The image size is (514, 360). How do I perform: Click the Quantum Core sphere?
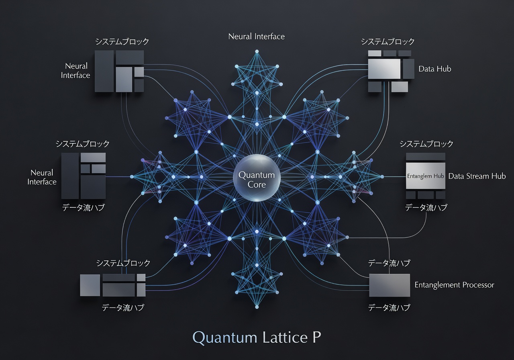pyautogui.click(x=257, y=178)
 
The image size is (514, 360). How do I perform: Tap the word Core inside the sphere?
pyautogui.click(x=257, y=184)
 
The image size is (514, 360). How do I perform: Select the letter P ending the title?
pyautogui.click(x=317, y=337)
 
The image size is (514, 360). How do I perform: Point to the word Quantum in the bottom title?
pyautogui.click(x=225, y=338)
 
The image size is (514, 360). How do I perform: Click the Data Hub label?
pyautogui.click(x=435, y=69)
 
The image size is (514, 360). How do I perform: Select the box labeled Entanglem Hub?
pyautogui.click(x=426, y=176)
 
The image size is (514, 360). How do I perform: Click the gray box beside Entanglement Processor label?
pyautogui.click(x=390, y=285)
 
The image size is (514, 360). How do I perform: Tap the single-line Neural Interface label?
pyautogui.click(x=257, y=37)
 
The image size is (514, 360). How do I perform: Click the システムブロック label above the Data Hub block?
pyautogui.click(x=388, y=41)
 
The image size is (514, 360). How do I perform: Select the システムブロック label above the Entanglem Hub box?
pyautogui.click(x=426, y=144)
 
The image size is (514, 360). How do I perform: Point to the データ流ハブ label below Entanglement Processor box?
pyautogui.click(x=389, y=307)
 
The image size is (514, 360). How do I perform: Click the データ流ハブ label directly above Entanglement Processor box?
pyautogui.click(x=389, y=263)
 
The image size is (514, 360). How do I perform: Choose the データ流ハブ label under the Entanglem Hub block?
pyautogui.click(x=426, y=207)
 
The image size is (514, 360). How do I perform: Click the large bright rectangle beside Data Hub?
pyautogui.click(x=384, y=69)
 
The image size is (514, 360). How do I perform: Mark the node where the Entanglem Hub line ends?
pyautogui.click(x=382, y=176)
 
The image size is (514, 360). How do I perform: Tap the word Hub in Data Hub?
pyautogui.click(x=444, y=69)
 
